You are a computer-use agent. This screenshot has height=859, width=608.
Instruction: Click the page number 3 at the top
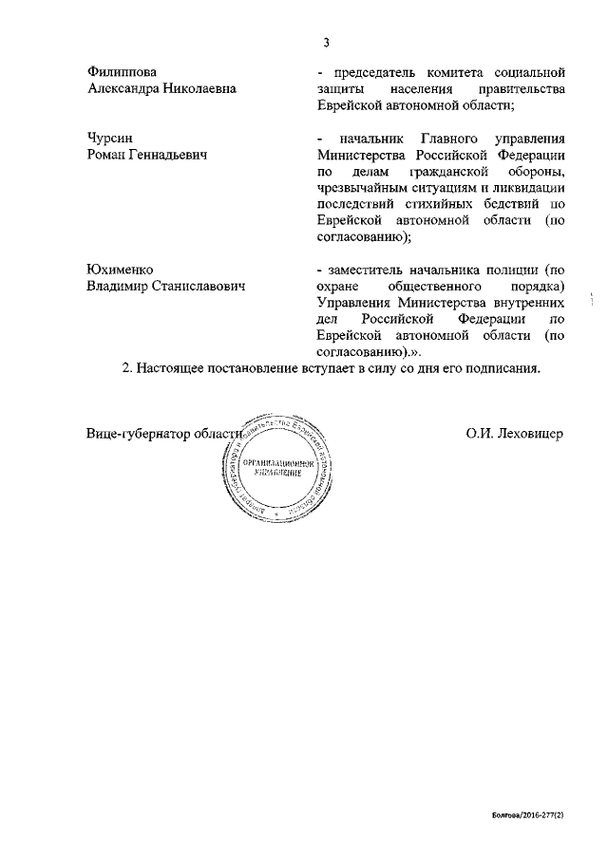[326, 41]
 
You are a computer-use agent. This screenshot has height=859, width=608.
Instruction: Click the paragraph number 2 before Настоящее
[126, 369]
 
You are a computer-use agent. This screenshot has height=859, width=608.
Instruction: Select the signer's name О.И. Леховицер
[515, 433]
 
